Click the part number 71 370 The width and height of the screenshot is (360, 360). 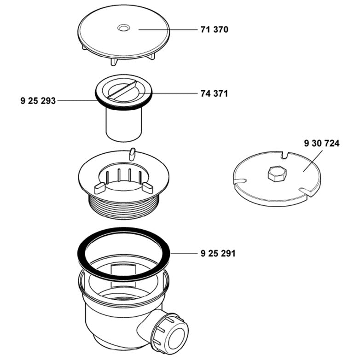(214, 30)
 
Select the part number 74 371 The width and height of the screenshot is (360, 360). (214, 93)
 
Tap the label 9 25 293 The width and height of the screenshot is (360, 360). (38, 100)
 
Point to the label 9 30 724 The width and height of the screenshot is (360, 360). (321, 144)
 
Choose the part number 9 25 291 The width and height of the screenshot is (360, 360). (218, 253)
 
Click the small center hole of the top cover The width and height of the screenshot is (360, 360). (123, 29)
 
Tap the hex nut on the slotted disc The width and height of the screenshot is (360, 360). (276, 174)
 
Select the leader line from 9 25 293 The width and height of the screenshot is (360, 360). (76, 100)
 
